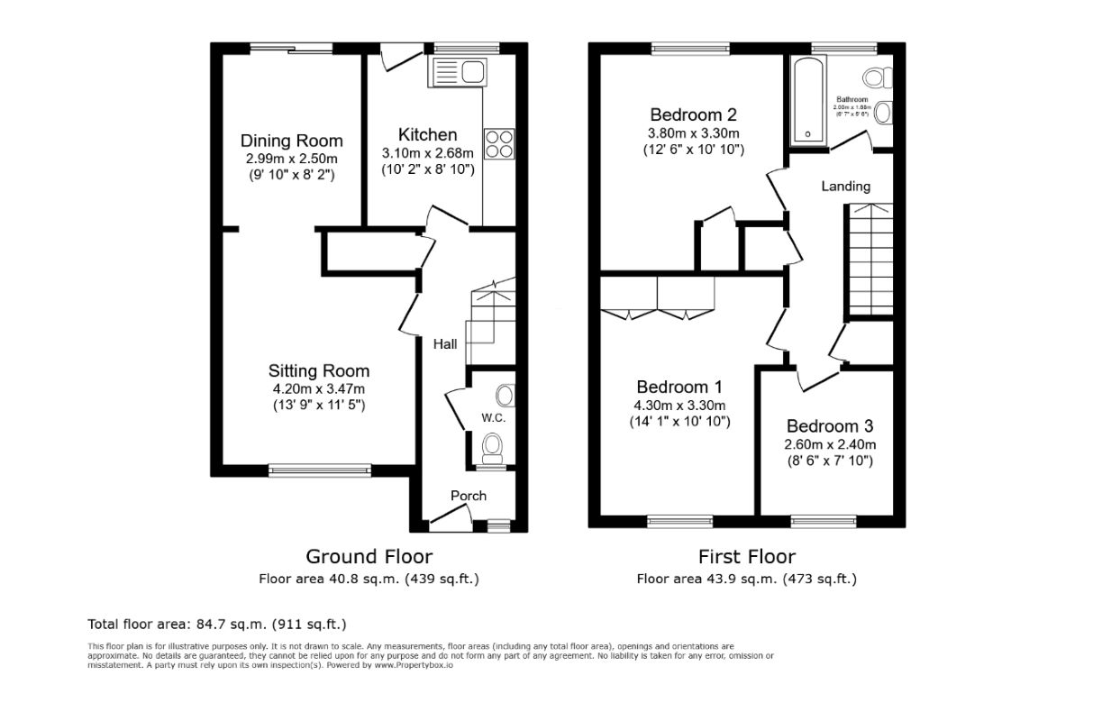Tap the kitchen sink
(x=457, y=70)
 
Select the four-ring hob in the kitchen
(x=498, y=144)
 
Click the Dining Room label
(x=291, y=141)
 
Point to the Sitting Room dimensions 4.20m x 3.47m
(x=318, y=388)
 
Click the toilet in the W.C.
(x=492, y=445)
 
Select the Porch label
(x=468, y=496)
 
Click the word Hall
(x=444, y=344)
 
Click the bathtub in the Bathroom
(x=806, y=100)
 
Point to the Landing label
(x=845, y=187)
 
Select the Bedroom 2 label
(x=693, y=114)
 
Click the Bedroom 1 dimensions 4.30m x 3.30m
(x=679, y=405)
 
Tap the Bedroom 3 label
(x=829, y=426)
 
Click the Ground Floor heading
(x=369, y=556)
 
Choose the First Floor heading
(x=746, y=556)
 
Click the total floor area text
(x=216, y=624)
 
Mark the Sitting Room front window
(x=320, y=469)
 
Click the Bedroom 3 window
(x=823, y=520)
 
